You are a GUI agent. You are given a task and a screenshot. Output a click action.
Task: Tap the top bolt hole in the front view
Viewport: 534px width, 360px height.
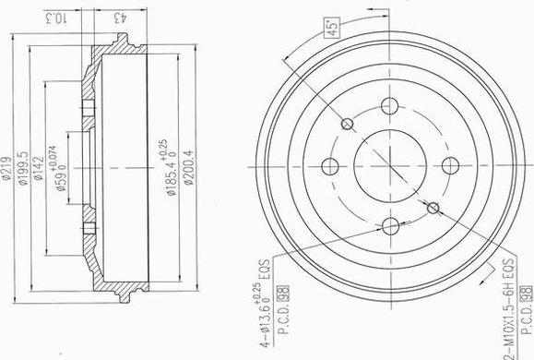tap(389, 104)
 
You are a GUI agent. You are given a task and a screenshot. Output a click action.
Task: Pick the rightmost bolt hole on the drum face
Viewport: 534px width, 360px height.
tap(450, 165)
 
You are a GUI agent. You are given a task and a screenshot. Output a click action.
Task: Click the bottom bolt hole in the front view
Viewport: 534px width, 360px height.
tap(389, 225)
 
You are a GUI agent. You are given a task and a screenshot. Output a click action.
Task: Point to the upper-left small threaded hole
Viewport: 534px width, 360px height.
tap(348, 124)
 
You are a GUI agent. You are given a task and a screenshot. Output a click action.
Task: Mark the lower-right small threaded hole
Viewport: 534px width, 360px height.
tap(432, 208)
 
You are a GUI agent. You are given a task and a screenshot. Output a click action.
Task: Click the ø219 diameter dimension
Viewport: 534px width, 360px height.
tap(7, 167)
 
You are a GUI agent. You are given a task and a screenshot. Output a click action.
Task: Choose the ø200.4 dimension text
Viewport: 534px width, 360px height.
tap(188, 167)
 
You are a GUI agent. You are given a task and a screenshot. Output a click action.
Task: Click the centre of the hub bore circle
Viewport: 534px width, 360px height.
tap(389, 165)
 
